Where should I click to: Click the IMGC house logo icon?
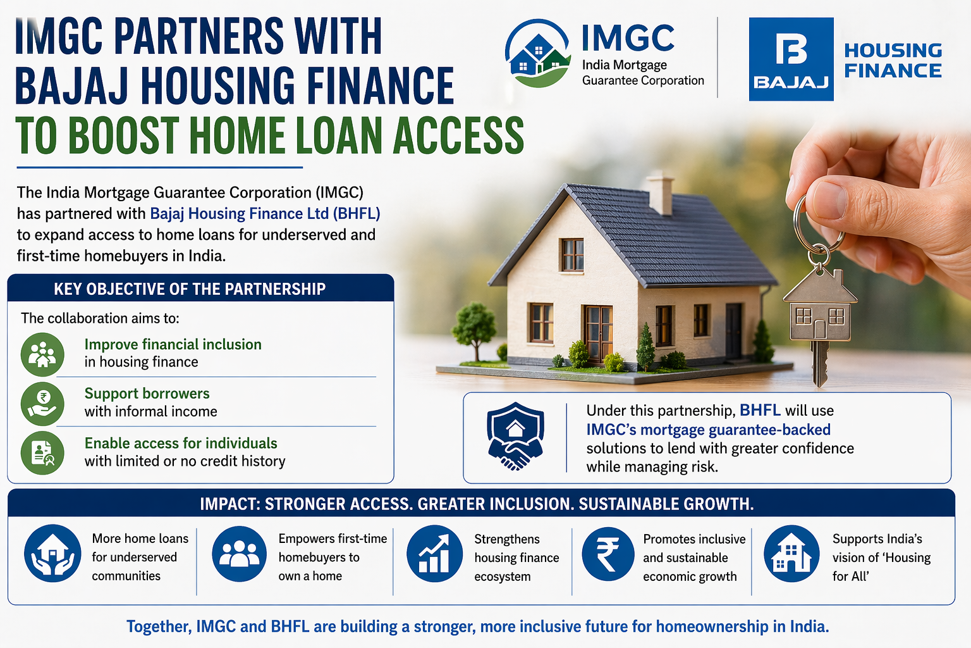point(538,53)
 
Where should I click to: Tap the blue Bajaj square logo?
point(791,59)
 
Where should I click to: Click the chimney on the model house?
point(661,195)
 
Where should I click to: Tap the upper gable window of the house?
point(572,255)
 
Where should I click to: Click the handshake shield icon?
point(515,436)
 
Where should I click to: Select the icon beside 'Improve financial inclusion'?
point(42,354)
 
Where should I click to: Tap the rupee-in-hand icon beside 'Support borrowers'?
point(42,404)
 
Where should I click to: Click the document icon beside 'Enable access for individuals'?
point(42,452)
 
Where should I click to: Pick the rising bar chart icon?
point(434,553)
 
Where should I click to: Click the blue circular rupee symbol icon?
point(608,554)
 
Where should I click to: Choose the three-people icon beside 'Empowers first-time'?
point(240,553)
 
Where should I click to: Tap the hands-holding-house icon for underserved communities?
point(52,553)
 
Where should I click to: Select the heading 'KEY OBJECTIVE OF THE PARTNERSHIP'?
point(190,289)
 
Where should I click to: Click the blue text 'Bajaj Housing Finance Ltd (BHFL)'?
point(265,213)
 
